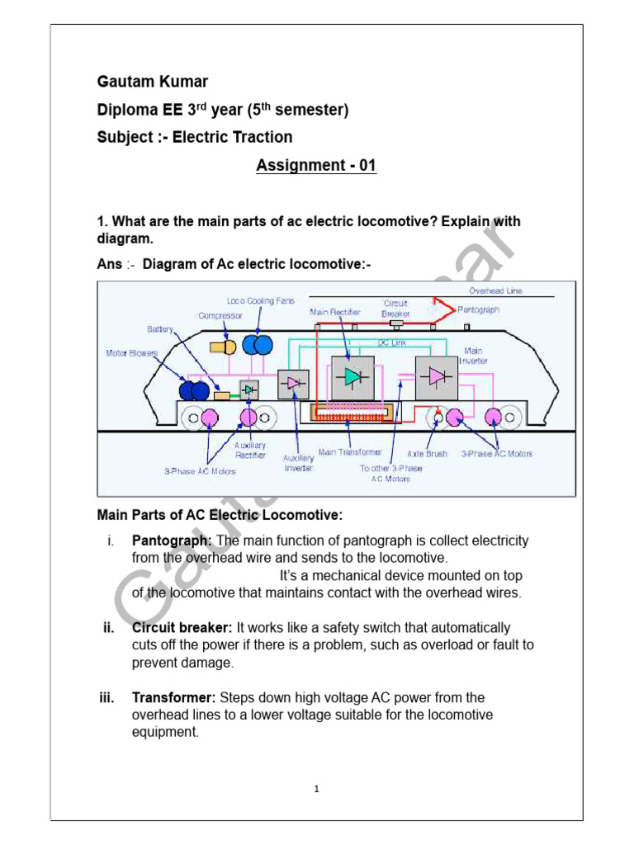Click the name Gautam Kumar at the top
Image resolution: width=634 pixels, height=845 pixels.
pos(153,82)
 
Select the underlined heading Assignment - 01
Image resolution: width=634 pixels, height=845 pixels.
pos(316,165)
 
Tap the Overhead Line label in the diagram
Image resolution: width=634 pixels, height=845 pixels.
pos(495,291)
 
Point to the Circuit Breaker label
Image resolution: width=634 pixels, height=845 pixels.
pos(395,309)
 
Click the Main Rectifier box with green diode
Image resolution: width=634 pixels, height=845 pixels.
pos(352,376)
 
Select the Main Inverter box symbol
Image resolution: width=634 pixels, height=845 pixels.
pos(436,377)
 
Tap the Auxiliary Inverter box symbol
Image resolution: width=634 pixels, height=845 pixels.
pos(294,384)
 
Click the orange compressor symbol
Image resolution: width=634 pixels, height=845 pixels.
pos(221,343)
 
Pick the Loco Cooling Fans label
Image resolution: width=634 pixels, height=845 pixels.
pos(261,301)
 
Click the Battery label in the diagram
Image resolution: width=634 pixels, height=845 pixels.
pos(160,328)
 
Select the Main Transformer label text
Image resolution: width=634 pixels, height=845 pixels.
pos(350,452)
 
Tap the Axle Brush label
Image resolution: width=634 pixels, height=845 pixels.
pos(428,454)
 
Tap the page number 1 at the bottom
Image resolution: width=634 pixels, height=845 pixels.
pos(317,789)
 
